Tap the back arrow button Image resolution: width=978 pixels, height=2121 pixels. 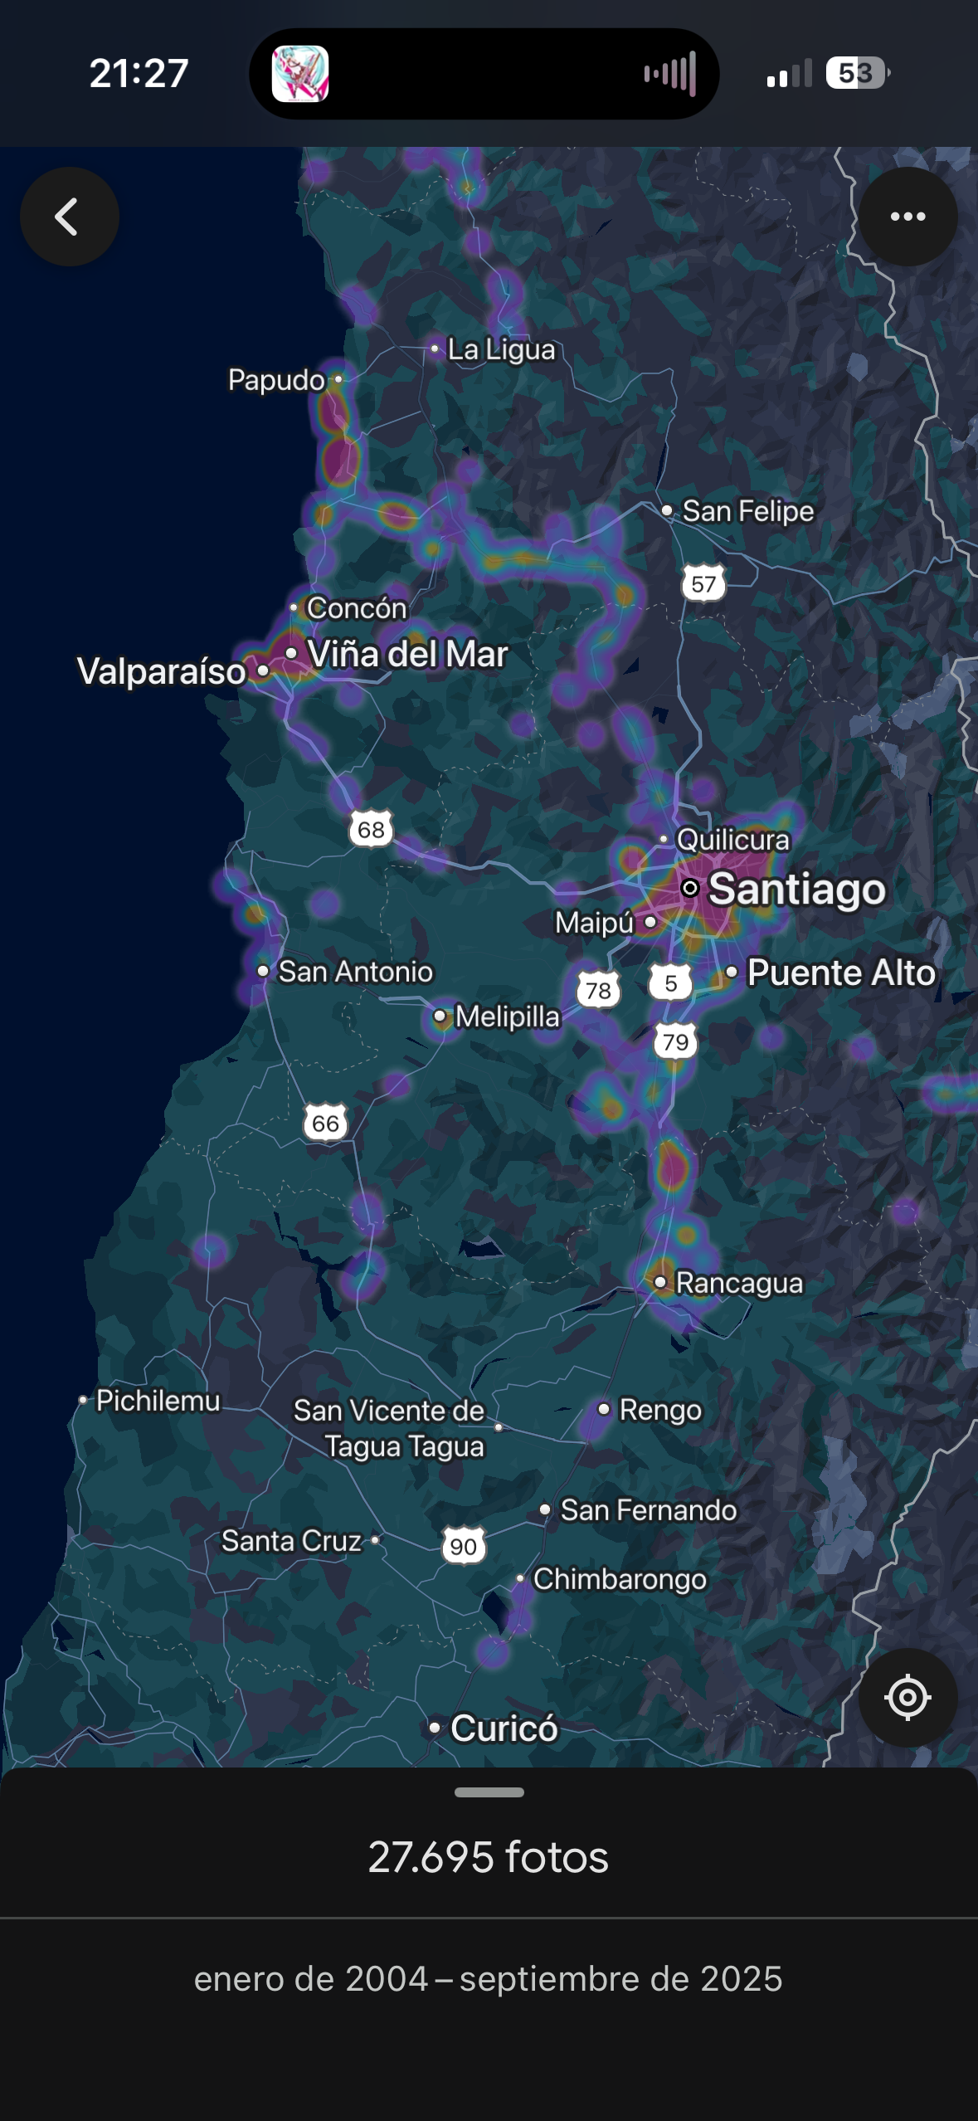point(69,217)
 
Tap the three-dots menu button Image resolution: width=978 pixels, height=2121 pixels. point(907,217)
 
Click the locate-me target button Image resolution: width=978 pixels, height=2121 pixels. point(907,1697)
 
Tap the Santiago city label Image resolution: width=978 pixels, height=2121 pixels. point(796,889)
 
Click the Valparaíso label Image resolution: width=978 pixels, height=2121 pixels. point(162,671)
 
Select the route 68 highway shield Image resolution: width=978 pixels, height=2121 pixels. point(371,829)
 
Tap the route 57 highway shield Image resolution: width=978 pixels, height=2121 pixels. point(703,584)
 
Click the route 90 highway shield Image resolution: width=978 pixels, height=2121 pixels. point(463,1546)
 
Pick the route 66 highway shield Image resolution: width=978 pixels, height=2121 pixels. point(325,1124)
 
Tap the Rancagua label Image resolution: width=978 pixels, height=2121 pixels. point(738,1283)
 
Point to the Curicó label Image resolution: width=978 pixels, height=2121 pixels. point(503,1729)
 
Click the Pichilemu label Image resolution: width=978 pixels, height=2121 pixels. point(158,1401)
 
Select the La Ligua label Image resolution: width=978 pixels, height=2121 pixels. point(500,349)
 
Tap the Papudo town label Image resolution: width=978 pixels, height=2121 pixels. point(276,380)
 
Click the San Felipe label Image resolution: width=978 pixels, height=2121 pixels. point(747,511)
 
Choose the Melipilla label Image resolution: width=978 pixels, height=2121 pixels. point(507,1017)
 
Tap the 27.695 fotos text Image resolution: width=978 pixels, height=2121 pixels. point(489,1857)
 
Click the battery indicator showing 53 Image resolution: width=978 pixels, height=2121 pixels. point(857,73)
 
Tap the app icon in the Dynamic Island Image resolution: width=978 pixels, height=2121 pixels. point(300,73)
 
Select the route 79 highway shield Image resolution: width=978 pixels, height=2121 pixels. point(675,1041)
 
